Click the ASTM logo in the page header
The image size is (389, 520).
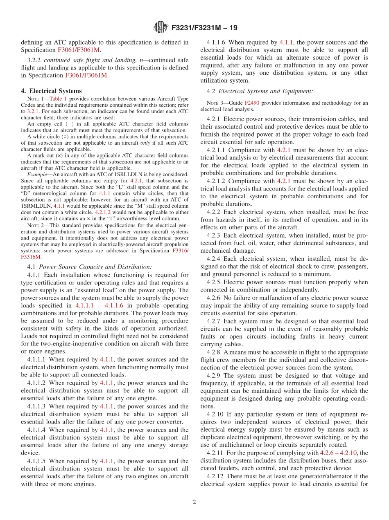tap(160, 27)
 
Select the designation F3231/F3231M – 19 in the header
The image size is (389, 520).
tap(204, 28)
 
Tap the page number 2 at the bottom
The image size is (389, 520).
tap(194, 502)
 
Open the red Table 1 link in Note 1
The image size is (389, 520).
tap(58, 99)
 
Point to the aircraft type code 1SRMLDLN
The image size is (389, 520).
tap(36, 206)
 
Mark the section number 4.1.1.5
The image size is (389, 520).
tap(37, 461)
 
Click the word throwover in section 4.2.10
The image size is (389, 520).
tap(296, 437)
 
